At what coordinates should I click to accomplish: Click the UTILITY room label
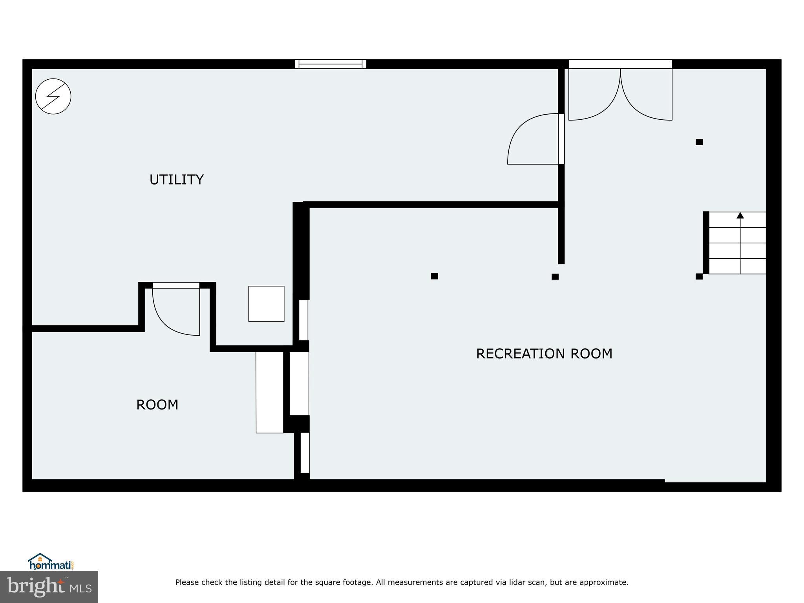176,179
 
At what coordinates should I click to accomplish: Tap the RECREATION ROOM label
544,354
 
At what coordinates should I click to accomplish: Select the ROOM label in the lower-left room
157,405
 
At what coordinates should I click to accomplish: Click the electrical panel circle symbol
53,96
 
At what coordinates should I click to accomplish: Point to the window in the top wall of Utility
330,64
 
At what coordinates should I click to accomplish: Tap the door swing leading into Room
176,310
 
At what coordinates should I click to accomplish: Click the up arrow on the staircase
740,216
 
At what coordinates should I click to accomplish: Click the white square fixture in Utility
266,304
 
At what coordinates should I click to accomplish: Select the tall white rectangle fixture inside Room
269,392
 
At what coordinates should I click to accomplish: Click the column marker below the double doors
699,142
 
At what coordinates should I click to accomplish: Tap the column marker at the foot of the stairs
699,276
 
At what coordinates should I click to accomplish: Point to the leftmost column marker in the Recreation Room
434,276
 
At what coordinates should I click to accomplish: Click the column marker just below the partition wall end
555,277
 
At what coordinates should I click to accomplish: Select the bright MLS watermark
49,587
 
